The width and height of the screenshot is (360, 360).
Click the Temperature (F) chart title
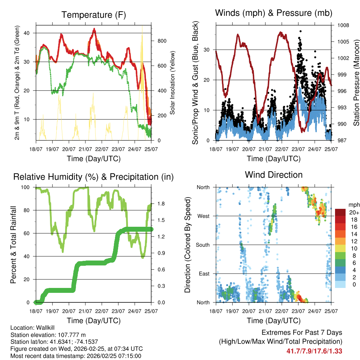pyautogui.click(x=94, y=15)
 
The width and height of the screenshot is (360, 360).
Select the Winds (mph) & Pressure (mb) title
pyautogui.click(x=274, y=13)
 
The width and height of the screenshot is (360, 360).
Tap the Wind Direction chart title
pyautogui.click(x=274, y=174)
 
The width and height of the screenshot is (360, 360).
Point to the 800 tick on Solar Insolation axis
pyautogui.click(x=162, y=41)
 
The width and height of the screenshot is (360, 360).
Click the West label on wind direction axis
pyautogui.click(x=203, y=216)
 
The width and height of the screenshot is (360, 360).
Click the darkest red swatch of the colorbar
pyautogui.click(x=340, y=212)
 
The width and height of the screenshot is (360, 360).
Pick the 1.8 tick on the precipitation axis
pyautogui.click(x=162, y=204)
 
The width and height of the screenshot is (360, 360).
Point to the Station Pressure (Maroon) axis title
pyautogui.click(x=356, y=83)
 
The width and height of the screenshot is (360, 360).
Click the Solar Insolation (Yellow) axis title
pyautogui.click(x=173, y=83)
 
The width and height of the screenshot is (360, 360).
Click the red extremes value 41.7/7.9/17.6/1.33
pyautogui.click(x=314, y=351)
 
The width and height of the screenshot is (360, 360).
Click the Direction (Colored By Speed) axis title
pyautogui.click(x=188, y=245)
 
